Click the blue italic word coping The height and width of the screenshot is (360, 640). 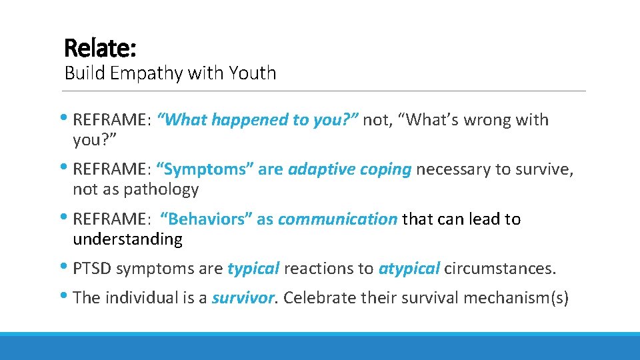pyautogui.click(x=385, y=169)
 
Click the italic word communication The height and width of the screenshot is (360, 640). pyautogui.click(x=337, y=219)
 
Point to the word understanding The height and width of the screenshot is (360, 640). pyautogui.click(x=127, y=239)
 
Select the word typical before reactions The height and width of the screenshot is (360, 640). pyautogui.click(x=253, y=269)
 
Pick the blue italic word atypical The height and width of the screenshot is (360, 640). pyautogui.click(x=409, y=269)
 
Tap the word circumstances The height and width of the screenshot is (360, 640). pyautogui.click(x=499, y=269)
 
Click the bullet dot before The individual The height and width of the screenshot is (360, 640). pyautogui.click(x=68, y=297)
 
